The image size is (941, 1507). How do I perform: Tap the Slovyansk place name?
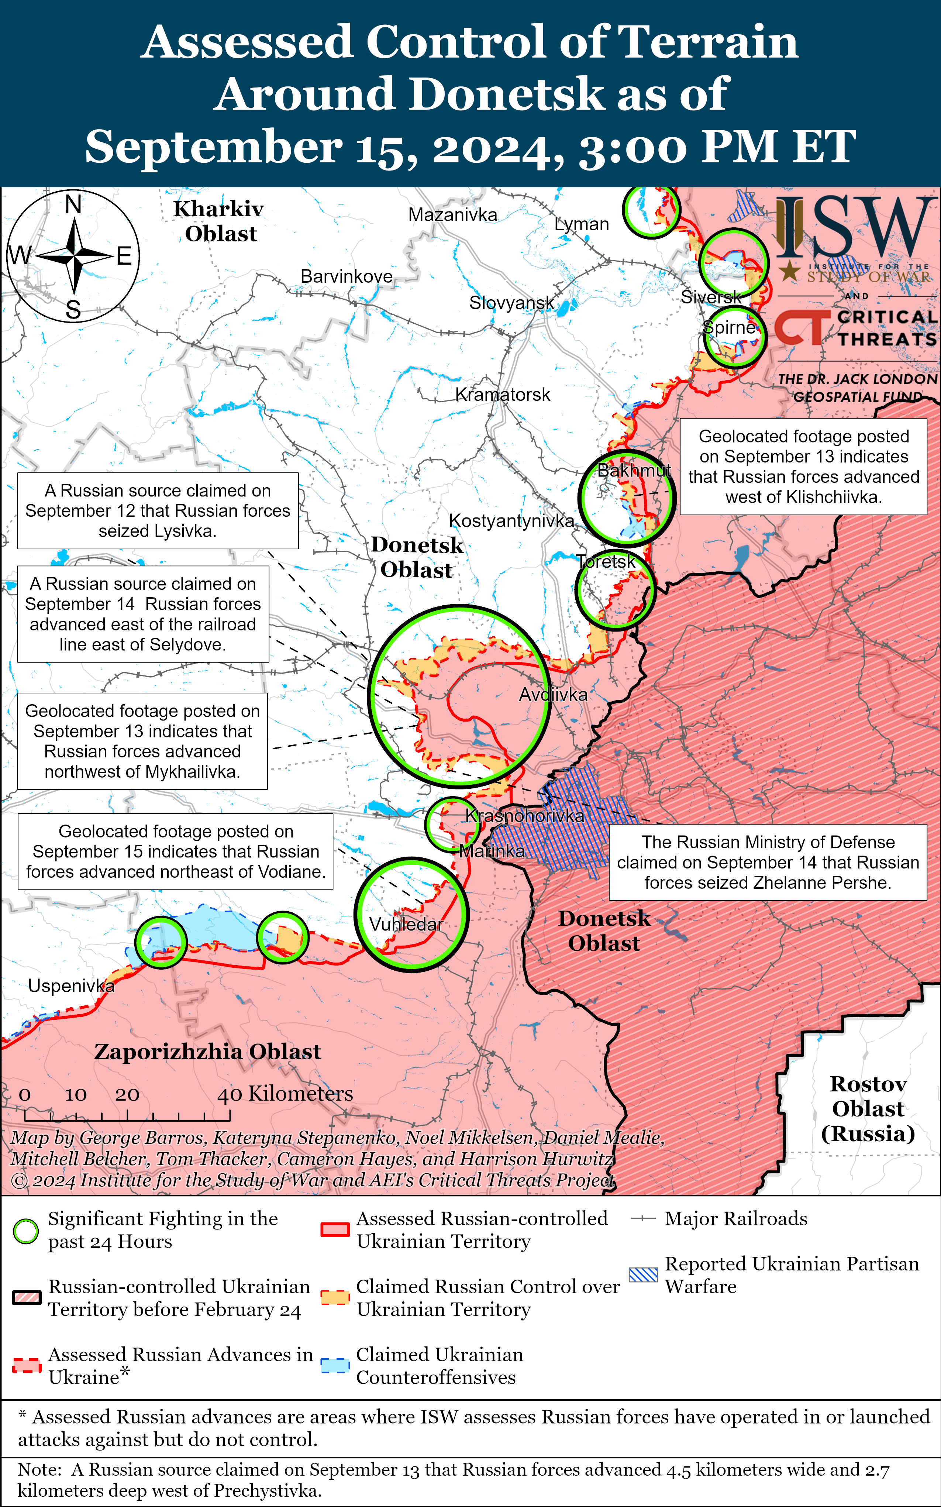511,303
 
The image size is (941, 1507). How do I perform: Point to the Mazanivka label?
452,215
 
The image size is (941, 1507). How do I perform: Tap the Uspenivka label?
71,985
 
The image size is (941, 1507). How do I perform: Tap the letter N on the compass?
73,204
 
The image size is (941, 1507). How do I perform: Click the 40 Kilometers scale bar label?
285,1094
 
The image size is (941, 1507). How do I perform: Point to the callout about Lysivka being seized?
158,510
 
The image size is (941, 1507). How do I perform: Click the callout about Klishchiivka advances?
803,466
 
